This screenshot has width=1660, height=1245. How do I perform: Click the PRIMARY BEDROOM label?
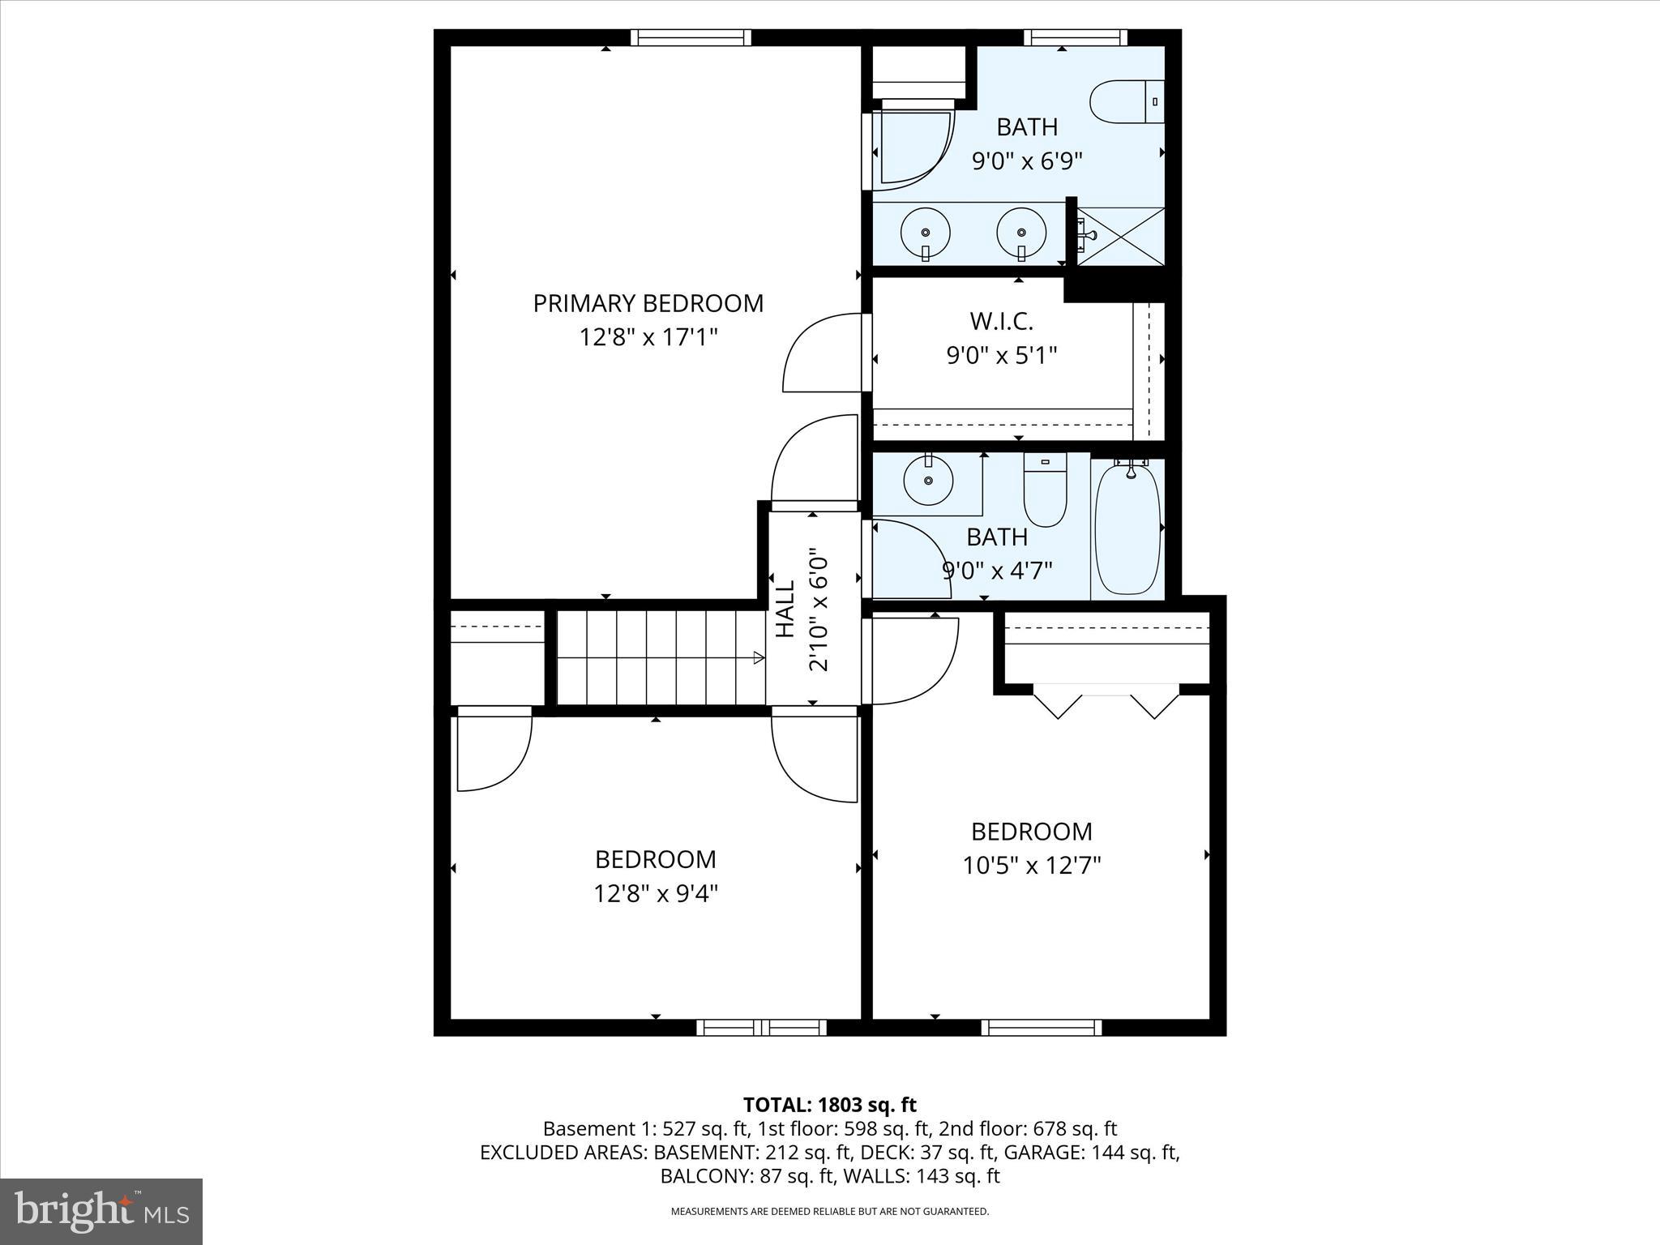(648, 303)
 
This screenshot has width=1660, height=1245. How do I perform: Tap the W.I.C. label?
(1001, 322)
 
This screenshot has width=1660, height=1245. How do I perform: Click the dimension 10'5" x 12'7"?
(1031, 866)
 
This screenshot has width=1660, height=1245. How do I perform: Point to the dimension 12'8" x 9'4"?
(656, 893)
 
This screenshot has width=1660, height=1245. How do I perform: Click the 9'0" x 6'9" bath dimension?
(1027, 160)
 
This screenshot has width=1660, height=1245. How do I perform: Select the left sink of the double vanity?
(925, 233)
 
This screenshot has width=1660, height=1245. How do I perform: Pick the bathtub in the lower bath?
(1127, 528)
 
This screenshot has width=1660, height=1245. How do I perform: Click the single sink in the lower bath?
(928, 481)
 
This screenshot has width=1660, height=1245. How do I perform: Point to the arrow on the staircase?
(758, 657)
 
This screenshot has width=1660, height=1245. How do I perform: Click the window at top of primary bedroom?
(691, 37)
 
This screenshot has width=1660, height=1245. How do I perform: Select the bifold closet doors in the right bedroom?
(1106, 701)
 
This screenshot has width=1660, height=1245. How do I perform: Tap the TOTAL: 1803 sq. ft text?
(829, 1105)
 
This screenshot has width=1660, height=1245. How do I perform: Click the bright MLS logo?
(101, 1212)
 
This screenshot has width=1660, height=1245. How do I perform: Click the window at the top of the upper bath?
(1075, 37)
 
